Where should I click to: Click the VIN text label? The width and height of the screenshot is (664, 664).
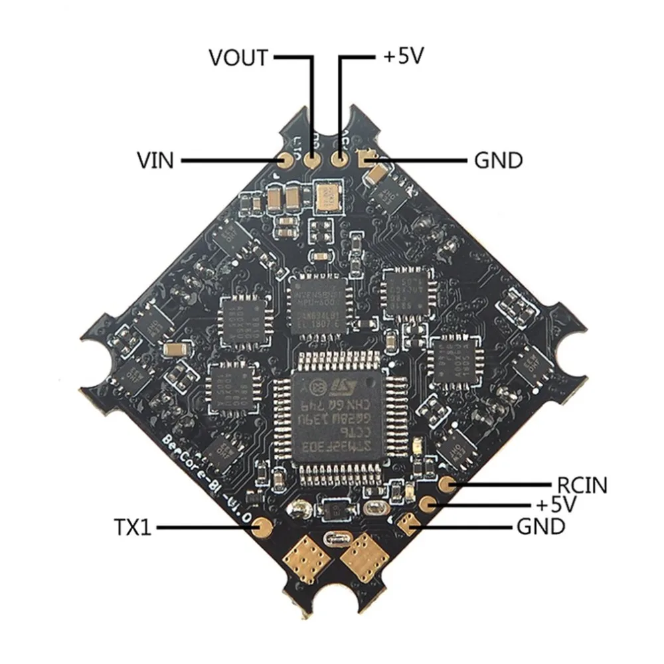155,161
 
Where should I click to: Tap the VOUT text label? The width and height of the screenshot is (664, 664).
238,58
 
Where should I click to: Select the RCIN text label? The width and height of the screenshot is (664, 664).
582,485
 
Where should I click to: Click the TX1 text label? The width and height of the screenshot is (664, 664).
133,529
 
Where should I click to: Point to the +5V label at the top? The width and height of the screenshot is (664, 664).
403,57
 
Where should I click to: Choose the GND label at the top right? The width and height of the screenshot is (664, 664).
498,161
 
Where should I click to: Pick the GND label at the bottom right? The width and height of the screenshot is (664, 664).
540,528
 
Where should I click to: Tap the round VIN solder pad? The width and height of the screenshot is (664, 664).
287,160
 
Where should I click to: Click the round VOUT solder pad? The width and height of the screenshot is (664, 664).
313,159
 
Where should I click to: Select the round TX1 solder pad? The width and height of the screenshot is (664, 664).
262,528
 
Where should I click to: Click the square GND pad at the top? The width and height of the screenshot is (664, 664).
365,159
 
